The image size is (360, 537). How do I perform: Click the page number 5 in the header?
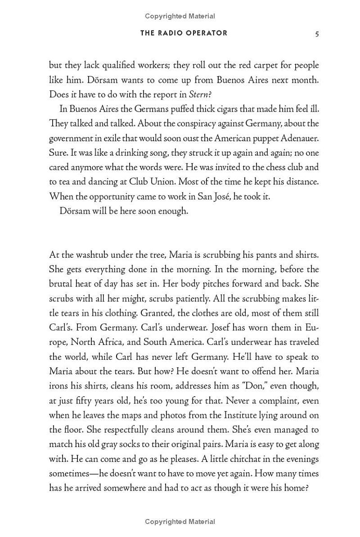[x=317, y=34]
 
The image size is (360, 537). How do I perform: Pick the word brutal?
[x=61, y=284]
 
